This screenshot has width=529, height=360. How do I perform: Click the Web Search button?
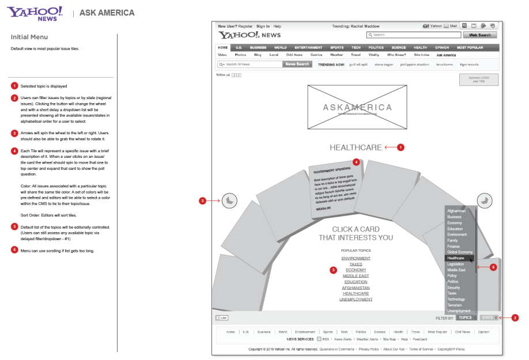click(481, 35)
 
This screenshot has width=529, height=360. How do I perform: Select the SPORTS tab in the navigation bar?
click(337, 47)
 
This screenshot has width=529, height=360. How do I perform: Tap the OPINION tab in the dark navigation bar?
click(442, 47)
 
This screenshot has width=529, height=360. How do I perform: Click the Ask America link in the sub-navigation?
click(446, 55)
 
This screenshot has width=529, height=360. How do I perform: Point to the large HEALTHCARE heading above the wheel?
click(356, 147)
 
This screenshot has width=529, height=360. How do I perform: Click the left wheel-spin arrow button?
click(229, 200)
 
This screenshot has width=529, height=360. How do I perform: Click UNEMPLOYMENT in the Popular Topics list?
click(356, 300)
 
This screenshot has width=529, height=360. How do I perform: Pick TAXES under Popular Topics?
click(356, 264)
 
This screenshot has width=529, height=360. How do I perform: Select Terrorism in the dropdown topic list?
click(455, 305)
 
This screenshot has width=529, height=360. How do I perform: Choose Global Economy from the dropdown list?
click(460, 252)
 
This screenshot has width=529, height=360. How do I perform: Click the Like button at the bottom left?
click(221, 317)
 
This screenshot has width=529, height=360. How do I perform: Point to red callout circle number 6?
click(493, 267)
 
